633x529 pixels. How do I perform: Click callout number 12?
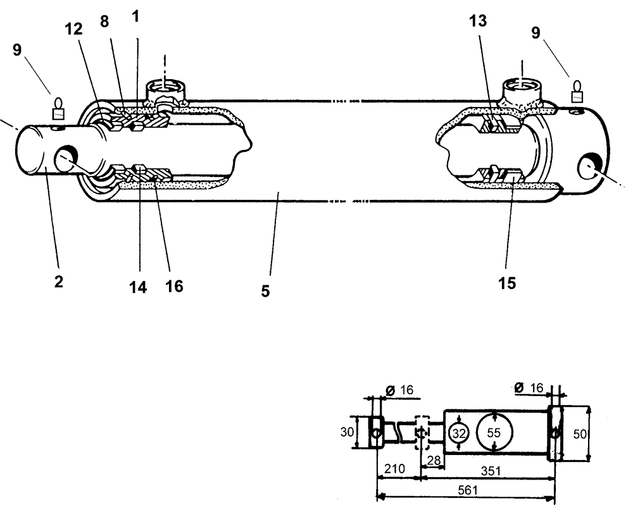80,30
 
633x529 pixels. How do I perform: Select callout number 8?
104,21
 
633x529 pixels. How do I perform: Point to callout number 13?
478,21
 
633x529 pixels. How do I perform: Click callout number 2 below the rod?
58,282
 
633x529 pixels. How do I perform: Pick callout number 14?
138,287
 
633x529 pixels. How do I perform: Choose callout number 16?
174,286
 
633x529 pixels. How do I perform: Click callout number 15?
506,283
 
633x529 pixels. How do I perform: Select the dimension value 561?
466,490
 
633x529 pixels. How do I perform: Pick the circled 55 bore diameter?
494,433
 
